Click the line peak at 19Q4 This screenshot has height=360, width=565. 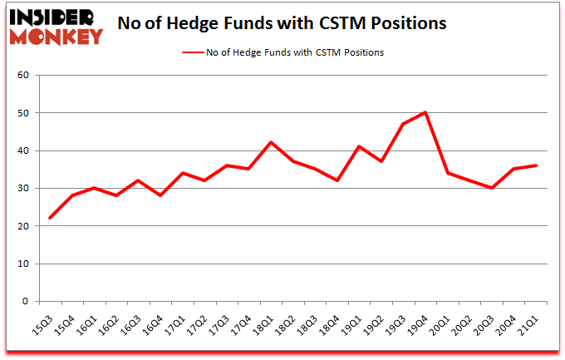pyautogui.click(x=425, y=112)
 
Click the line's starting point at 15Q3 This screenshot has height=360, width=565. pyautogui.click(x=52, y=218)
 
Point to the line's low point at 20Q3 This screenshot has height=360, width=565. pyautogui.click(x=493, y=188)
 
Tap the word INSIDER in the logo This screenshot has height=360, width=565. pyautogui.click(x=57, y=17)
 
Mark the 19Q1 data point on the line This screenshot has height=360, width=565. pyautogui.click(x=358, y=146)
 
